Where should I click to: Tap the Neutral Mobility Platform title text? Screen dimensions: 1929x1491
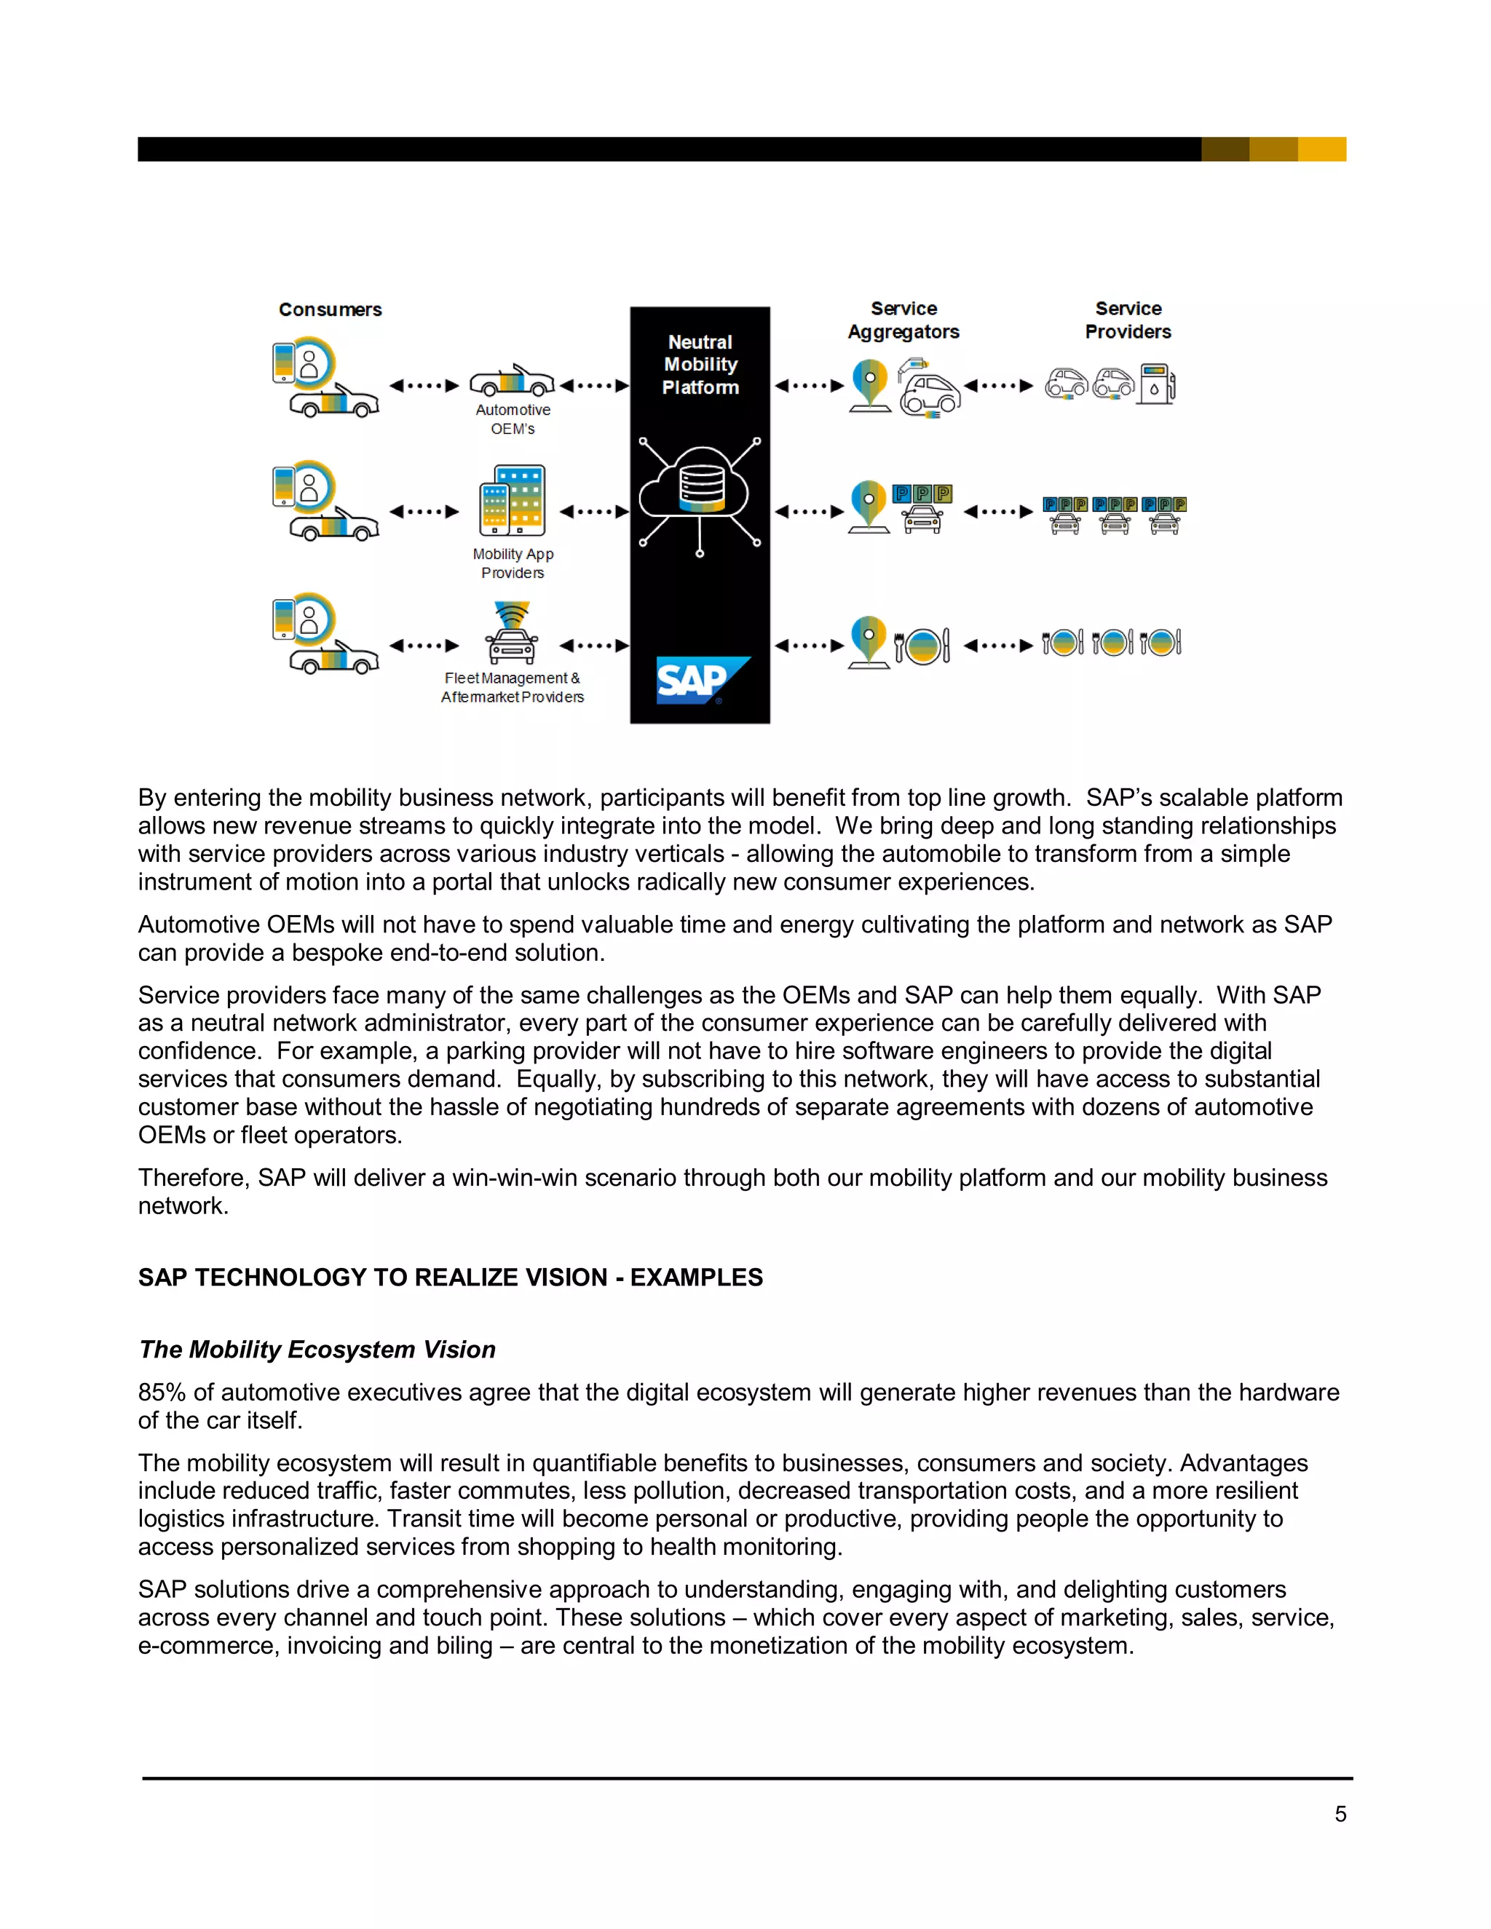[x=700, y=365]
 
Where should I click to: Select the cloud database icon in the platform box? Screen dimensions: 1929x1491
[x=700, y=489]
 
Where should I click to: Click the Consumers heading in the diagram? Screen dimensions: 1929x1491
[x=331, y=310]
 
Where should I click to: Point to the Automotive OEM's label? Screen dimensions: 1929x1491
[x=513, y=419]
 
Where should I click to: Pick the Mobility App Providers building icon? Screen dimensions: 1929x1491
[x=513, y=501]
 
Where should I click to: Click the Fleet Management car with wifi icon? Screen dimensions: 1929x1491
[x=511, y=633]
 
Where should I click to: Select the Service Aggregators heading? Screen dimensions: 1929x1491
[x=903, y=320]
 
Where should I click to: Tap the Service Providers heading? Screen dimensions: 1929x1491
[x=1128, y=320]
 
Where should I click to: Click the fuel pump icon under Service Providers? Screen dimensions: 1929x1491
[x=1156, y=384]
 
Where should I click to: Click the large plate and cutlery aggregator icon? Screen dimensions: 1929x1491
[x=922, y=646]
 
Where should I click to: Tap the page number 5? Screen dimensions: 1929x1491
[x=1340, y=1814]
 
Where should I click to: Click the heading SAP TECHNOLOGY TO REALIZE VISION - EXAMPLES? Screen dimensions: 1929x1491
[x=450, y=1278]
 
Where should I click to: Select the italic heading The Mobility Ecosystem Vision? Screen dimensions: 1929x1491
[x=317, y=1350]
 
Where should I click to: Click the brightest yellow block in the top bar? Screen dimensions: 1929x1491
[x=1321, y=149]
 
